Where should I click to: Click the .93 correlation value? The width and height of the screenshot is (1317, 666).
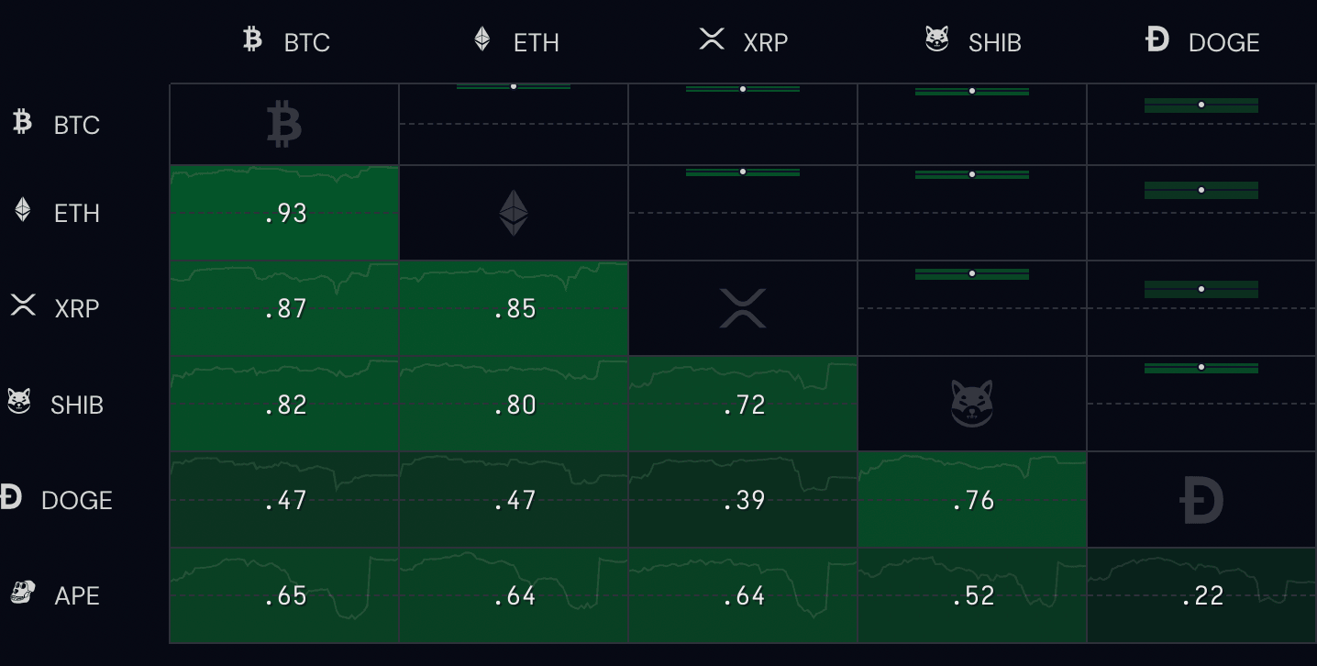pyautogui.click(x=285, y=214)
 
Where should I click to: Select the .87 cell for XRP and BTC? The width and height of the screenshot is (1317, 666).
pyautogui.click(x=285, y=309)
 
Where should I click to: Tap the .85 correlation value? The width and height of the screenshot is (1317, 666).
pyautogui.click(x=515, y=309)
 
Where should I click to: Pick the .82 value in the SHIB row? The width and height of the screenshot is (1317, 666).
pyautogui.click(x=285, y=405)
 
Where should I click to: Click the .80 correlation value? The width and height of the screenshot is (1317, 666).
pyautogui.click(x=515, y=405)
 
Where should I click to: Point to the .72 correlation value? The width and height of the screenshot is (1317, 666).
pyautogui.click(x=744, y=405)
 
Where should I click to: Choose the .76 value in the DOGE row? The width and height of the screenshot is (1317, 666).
pyautogui.click(x=973, y=500)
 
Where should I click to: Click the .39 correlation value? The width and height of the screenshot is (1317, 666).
pyautogui.click(x=744, y=500)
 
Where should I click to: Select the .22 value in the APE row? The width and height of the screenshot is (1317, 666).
pyautogui.click(x=1202, y=596)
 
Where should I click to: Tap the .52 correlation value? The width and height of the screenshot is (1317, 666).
pyautogui.click(x=973, y=596)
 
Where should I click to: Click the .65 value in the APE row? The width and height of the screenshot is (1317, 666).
pyautogui.click(x=285, y=596)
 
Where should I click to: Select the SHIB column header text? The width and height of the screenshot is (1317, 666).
pyautogui.click(x=994, y=42)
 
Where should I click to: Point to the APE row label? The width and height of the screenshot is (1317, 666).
pyautogui.click(x=76, y=595)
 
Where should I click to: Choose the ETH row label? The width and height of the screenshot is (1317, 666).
pyautogui.click(x=76, y=213)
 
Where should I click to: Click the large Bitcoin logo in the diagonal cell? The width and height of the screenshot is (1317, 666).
pyautogui.click(x=284, y=125)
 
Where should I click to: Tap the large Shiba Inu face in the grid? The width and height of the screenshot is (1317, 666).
pyautogui.click(x=972, y=404)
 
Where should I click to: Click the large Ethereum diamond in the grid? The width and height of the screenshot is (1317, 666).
pyautogui.click(x=514, y=213)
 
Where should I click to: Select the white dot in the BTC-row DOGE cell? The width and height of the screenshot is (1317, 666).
pyautogui.click(x=1201, y=105)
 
